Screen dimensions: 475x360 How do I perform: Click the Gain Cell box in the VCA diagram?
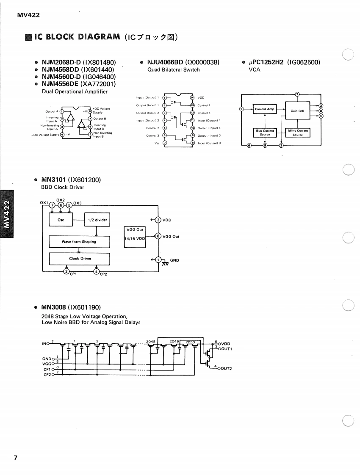[298, 111]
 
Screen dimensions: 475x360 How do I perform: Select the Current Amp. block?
[265, 109]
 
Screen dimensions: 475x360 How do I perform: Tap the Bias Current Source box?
[265, 133]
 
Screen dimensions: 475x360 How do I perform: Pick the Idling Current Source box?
[298, 133]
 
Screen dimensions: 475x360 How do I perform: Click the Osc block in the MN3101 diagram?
[61, 220]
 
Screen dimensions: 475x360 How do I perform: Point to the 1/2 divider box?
[97, 220]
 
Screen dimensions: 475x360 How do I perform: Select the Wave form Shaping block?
[79, 242]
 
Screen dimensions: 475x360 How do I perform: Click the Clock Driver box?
[80, 258]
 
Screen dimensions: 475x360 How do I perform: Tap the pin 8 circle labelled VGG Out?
[158, 236]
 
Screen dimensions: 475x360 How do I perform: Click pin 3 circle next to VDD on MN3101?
[158, 220]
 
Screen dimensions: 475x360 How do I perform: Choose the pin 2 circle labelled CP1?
[66, 271]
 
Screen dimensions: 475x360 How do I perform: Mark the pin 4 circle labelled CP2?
[97, 271]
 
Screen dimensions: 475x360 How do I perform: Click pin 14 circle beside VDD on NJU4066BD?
[192, 98]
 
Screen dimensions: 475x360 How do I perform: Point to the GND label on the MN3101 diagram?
[174, 260]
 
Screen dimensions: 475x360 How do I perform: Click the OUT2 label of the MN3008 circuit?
[226, 368]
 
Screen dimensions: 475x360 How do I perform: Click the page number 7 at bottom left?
[15, 458]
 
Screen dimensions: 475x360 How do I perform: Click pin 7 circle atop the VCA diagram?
[297, 94]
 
